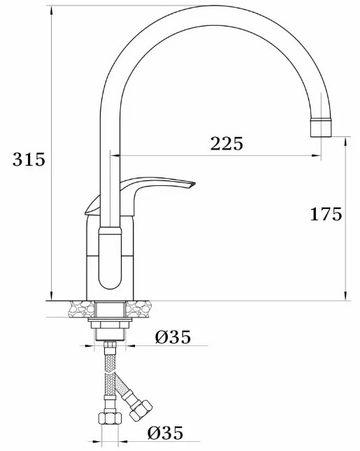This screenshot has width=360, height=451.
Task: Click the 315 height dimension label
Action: tap(29, 159)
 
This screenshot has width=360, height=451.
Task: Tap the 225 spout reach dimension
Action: tap(226, 143)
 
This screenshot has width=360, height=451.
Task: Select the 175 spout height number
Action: tap(326, 214)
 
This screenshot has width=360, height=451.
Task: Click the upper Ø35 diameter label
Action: tap(173, 337)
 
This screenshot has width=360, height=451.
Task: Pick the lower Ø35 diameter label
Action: tap(166, 432)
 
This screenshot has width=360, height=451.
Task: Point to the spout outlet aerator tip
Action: tap(321, 127)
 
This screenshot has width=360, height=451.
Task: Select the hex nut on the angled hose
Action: tap(141, 410)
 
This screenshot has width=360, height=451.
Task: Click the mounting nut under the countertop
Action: tap(110, 324)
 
